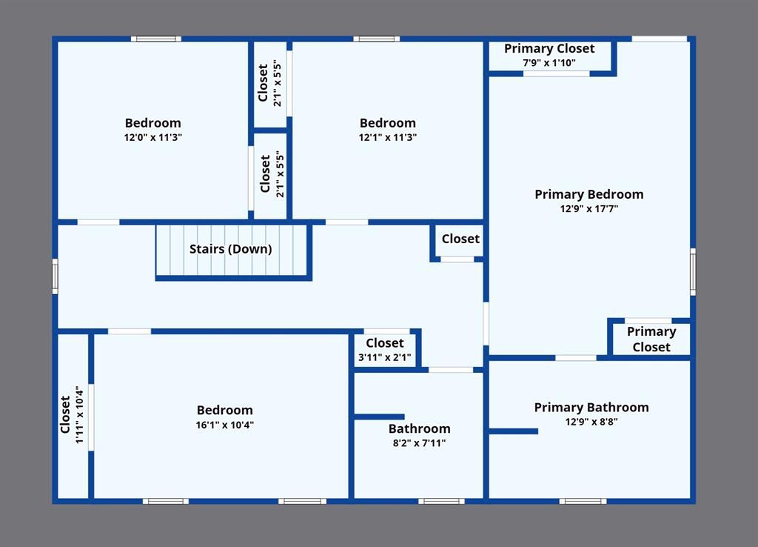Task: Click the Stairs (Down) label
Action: tap(231, 249)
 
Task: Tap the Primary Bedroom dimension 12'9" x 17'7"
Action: tap(588, 208)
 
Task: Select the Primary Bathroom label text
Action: tap(591, 408)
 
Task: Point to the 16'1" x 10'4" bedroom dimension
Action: tap(225, 425)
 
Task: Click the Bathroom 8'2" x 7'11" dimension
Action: tap(419, 443)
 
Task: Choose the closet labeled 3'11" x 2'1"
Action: tap(385, 350)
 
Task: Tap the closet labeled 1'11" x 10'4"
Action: tap(73, 415)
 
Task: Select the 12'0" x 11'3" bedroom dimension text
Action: tap(152, 137)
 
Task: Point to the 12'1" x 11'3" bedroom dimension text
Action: tap(388, 137)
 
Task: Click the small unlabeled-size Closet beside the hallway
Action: tap(460, 241)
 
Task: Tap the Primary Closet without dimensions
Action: tap(651, 339)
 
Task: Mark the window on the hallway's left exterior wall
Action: tap(55, 276)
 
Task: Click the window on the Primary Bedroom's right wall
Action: tap(693, 271)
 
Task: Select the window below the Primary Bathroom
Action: tap(583, 502)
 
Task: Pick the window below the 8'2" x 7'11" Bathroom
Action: tap(441, 502)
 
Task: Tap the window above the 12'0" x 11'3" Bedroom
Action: tap(156, 39)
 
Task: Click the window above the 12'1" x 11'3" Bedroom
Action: tap(377, 39)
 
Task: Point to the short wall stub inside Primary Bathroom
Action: tap(514, 431)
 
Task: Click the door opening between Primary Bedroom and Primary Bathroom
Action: tap(576, 358)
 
